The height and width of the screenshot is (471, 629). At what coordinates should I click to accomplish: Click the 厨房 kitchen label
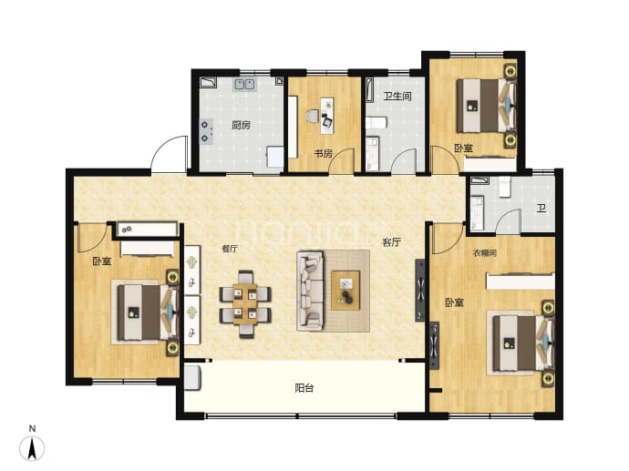(x=241, y=125)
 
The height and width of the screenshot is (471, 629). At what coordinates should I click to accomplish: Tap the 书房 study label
(x=323, y=153)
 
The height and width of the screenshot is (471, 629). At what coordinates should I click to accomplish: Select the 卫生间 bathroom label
(x=397, y=97)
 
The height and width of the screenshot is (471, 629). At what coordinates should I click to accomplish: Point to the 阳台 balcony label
(x=304, y=387)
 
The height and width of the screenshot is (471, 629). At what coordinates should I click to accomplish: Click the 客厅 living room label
(x=391, y=242)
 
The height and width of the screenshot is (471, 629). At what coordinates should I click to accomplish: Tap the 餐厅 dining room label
(x=230, y=249)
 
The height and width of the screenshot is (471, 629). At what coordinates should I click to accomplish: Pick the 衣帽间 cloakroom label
(x=485, y=253)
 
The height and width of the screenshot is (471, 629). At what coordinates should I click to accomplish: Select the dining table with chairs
(x=245, y=304)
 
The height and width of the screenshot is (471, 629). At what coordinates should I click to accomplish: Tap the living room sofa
(x=310, y=291)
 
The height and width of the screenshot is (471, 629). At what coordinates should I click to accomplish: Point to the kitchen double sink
(x=244, y=84)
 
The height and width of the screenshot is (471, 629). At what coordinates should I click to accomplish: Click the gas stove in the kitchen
(x=206, y=131)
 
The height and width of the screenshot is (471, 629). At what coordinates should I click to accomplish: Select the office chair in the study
(x=313, y=117)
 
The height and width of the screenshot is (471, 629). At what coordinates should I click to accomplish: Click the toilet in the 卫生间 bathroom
(x=376, y=122)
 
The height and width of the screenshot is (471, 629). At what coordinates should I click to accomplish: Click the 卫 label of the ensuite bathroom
(x=541, y=208)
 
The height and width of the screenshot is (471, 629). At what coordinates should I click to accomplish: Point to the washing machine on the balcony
(x=192, y=377)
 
